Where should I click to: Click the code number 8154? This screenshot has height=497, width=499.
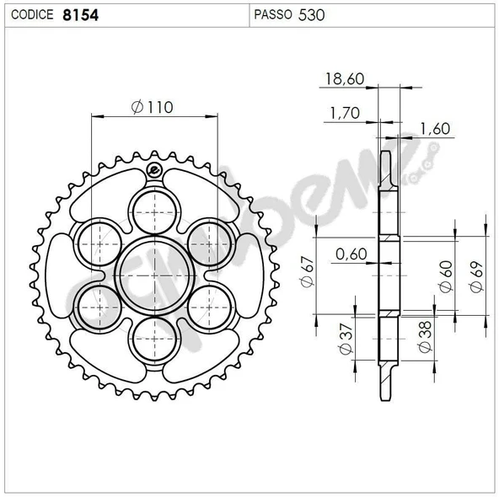click(81, 15)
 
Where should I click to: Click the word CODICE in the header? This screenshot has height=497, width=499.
click(32, 15)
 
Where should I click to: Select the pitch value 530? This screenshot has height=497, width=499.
click(312, 15)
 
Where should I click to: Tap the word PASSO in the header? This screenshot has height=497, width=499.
click(273, 14)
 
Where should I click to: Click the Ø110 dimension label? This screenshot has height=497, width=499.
click(152, 107)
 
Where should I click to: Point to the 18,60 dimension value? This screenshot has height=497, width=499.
click(345, 79)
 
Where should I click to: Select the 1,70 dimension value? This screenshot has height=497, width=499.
click(345, 113)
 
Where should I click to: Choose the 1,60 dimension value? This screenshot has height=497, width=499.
click(435, 129)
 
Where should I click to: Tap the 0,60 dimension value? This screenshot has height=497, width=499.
click(351, 254)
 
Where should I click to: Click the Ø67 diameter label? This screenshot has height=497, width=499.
click(307, 272)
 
